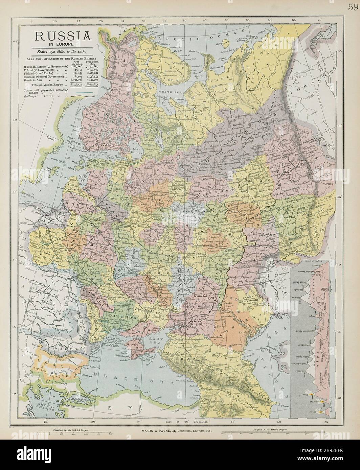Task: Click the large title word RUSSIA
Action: click(x=61, y=36)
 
